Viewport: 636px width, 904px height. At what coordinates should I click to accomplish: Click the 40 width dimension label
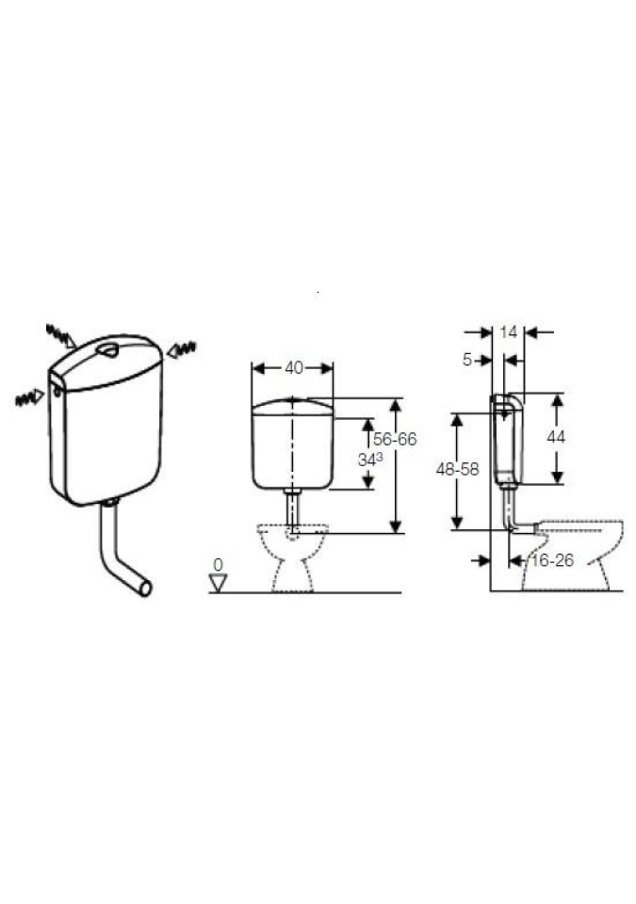tap(294, 368)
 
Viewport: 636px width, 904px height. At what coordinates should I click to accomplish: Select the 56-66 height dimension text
tap(395, 440)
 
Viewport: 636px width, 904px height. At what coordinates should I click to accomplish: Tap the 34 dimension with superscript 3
tap(370, 460)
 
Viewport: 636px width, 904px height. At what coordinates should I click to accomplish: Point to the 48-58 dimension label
tap(457, 470)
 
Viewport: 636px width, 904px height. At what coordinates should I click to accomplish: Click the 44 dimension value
tap(556, 438)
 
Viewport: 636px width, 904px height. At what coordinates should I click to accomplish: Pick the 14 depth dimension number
tap(509, 332)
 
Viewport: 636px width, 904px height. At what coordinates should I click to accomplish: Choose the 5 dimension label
tap(467, 361)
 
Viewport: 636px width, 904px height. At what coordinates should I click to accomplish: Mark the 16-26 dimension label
tap(552, 560)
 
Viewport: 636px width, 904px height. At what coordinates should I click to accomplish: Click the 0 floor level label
tap(218, 565)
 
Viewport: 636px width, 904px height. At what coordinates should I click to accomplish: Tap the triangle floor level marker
tap(219, 584)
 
